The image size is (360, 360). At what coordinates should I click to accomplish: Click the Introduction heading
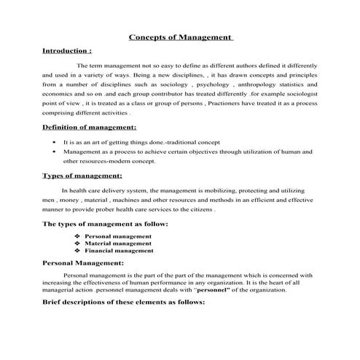67,52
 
